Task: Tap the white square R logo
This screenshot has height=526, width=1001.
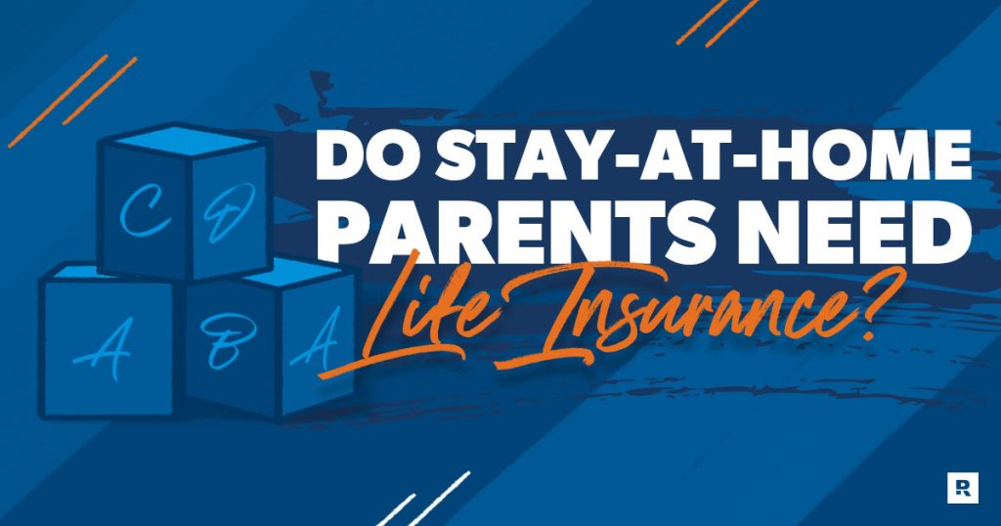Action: [963, 488]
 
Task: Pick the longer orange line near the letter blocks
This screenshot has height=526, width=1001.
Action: [58, 101]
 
